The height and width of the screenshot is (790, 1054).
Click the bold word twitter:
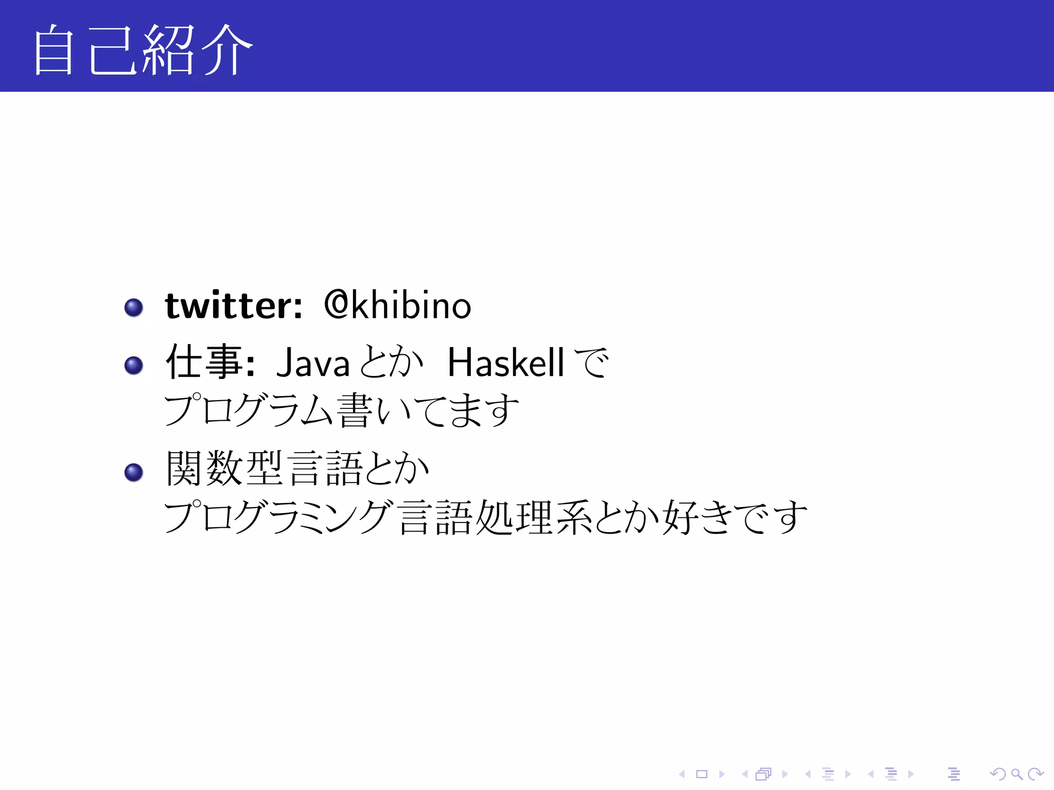click(233, 306)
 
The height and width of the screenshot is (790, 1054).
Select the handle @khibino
click(397, 306)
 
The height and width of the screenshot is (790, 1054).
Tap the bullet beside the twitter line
click(134, 308)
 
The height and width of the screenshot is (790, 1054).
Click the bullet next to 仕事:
click(134, 365)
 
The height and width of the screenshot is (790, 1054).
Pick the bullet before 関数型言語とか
click(134, 472)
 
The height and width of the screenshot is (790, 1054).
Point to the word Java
click(313, 363)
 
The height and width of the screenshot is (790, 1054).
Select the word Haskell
click(506, 362)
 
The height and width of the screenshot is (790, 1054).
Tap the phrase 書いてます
click(428, 410)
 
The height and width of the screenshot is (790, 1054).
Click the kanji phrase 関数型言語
click(265, 468)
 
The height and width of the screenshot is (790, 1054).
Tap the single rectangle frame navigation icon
click(702, 774)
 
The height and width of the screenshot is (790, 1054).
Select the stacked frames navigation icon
click(764, 774)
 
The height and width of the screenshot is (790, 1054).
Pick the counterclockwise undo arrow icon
click(997, 774)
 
